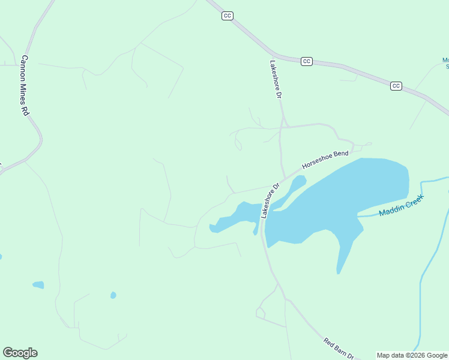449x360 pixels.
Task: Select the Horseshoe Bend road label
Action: click(325, 160)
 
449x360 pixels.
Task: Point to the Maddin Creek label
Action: click(401, 205)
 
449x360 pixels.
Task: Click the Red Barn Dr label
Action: click(339, 349)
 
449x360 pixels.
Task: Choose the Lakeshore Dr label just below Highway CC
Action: click(276, 79)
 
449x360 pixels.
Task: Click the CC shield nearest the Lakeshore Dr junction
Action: click(307, 61)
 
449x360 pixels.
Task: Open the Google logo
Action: click(20, 353)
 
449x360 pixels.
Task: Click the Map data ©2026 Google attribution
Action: click(412, 355)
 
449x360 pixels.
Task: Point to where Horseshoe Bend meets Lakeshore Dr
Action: click(285, 178)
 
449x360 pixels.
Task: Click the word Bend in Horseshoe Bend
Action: click(340, 154)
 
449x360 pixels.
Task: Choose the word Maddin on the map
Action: click(391, 209)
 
